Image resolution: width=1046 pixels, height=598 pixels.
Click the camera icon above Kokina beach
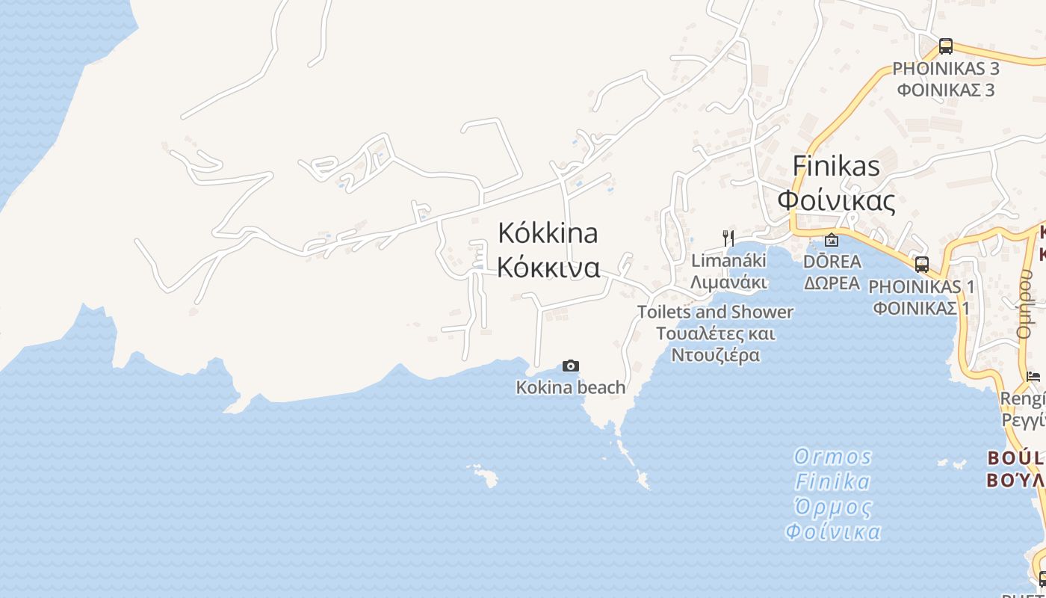(x=570, y=366)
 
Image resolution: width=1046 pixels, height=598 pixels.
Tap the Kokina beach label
(x=570, y=387)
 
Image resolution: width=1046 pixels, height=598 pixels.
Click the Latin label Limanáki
(x=728, y=261)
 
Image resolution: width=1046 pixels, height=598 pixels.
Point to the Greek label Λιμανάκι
(x=728, y=283)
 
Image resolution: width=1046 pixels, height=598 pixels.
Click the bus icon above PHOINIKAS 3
(x=946, y=46)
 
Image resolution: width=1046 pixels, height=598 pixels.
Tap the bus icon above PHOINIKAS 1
(x=922, y=265)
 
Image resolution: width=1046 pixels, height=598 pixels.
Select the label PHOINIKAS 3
(x=946, y=69)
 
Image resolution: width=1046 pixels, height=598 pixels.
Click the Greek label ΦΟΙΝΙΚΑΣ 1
(x=920, y=308)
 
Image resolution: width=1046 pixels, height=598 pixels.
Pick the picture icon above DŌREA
(x=831, y=240)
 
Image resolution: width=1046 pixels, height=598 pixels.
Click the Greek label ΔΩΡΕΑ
(x=832, y=283)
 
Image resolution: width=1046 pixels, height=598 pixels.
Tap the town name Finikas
(x=836, y=166)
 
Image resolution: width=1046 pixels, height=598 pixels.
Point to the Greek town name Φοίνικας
(x=836, y=200)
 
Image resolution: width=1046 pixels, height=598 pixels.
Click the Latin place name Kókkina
(x=548, y=233)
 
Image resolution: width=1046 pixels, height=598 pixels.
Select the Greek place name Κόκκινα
(x=548, y=268)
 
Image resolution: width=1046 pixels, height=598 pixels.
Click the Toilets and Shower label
(x=715, y=312)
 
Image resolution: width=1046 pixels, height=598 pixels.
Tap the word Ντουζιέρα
(x=715, y=355)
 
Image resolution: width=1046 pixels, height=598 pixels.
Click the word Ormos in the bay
(x=832, y=457)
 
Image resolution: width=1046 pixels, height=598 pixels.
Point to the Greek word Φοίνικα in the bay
(x=832, y=532)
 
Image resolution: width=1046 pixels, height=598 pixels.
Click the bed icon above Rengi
(x=1033, y=376)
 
